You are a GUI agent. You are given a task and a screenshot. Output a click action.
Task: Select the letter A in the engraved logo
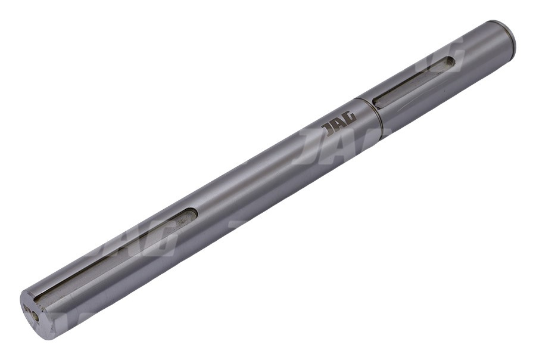[338, 124]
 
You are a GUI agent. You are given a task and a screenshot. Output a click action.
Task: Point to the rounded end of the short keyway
[451, 61]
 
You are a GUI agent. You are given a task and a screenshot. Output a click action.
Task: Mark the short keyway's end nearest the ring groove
[376, 102]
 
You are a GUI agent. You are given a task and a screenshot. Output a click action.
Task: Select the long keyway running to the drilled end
[116, 255]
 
